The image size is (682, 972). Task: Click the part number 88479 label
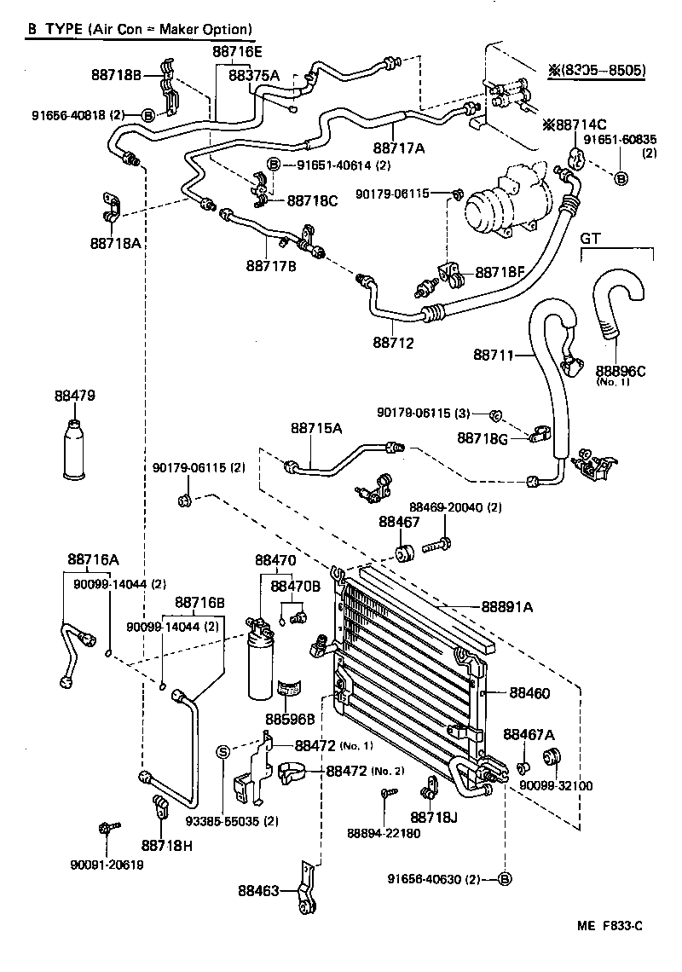pyautogui.click(x=74, y=396)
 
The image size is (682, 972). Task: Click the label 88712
pyautogui.click(x=392, y=343)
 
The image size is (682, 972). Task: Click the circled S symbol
pyautogui.click(x=223, y=751)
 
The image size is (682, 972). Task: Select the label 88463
pyautogui.click(x=259, y=891)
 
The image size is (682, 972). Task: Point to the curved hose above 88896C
pyautogui.click(x=616, y=303)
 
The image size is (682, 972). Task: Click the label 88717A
pyautogui.click(x=398, y=148)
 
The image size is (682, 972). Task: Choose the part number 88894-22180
pyautogui.click(x=384, y=833)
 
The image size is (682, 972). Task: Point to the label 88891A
pyautogui.click(x=506, y=606)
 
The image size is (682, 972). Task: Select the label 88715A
pyautogui.click(x=316, y=429)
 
